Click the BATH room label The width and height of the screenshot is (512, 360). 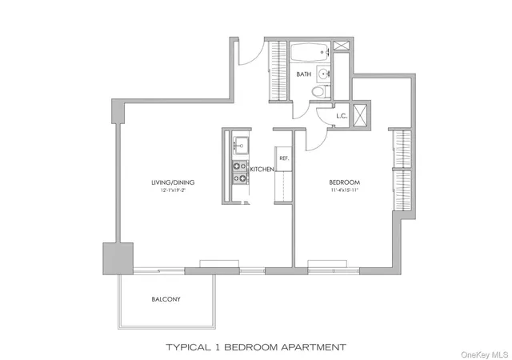click(x=304, y=74)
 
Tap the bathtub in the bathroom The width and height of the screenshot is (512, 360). click(x=310, y=54)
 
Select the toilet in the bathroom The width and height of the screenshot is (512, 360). click(x=319, y=91)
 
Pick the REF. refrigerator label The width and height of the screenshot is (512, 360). click(x=283, y=158)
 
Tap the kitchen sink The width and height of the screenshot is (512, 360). click(x=240, y=145)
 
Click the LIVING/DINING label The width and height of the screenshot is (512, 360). click(x=173, y=182)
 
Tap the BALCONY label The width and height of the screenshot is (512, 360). click(x=166, y=299)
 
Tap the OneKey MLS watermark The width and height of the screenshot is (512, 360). click(x=483, y=353)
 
